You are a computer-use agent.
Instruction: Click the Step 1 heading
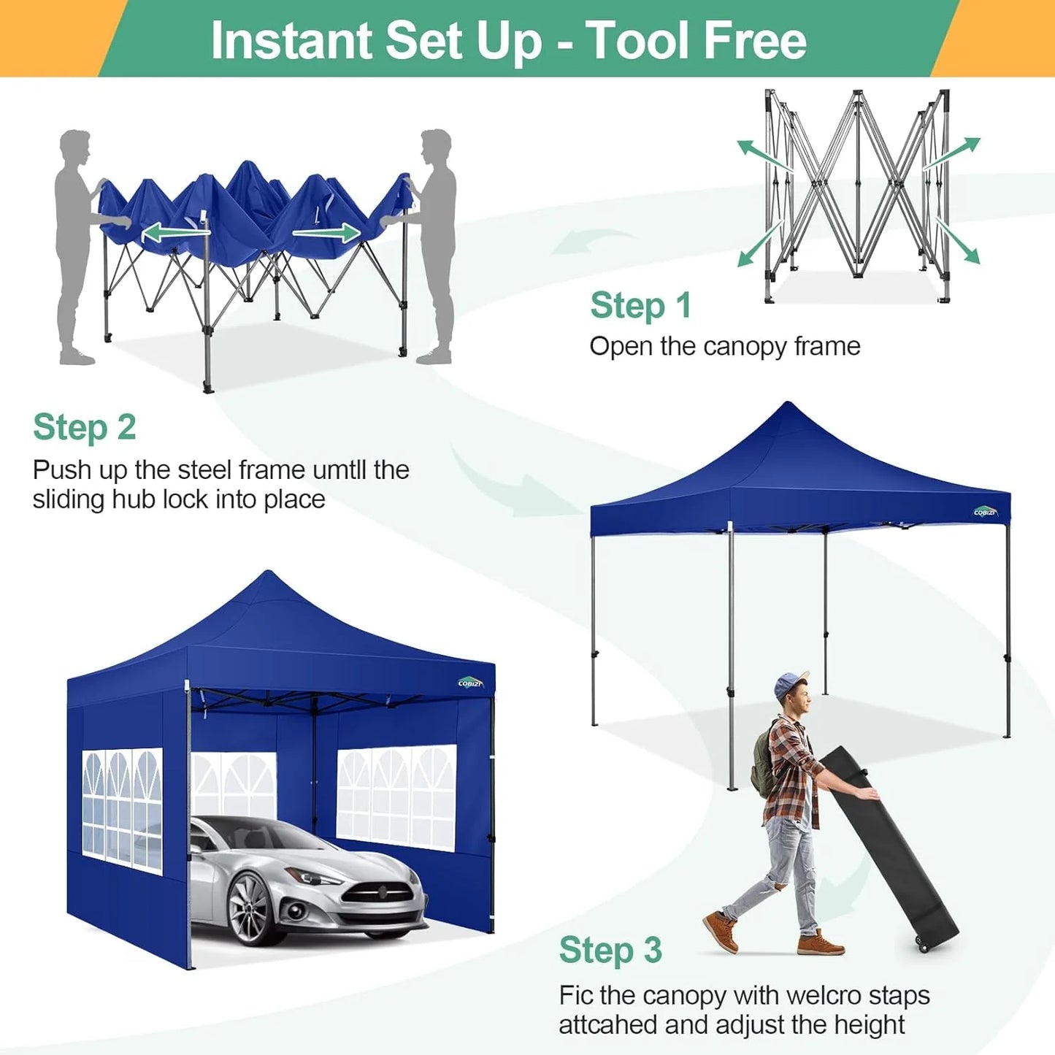click(x=640, y=305)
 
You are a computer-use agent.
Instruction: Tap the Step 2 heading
click(x=85, y=427)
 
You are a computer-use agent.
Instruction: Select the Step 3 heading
click(x=610, y=950)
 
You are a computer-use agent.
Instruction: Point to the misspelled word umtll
click(x=339, y=469)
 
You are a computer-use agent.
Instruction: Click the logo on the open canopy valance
click(x=985, y=512)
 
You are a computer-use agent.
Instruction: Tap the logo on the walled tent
click(x=470, y=682)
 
